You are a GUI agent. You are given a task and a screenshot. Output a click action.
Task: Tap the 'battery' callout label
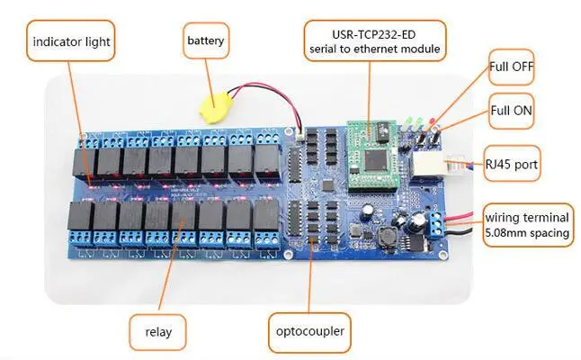[206, 40]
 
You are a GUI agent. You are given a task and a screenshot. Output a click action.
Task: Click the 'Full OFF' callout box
[511, 67]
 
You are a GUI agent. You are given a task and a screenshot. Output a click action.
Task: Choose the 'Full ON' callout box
[511, 113]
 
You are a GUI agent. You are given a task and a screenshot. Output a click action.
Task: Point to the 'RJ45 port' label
[516, 164]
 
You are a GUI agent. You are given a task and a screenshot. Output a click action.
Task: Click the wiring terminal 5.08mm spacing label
[527, 225]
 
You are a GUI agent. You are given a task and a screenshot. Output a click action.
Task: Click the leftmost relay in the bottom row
[78, 220]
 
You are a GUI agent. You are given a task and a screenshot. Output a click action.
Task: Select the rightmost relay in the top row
[267, 163]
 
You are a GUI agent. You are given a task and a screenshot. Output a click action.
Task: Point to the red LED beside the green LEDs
[432, 122]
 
